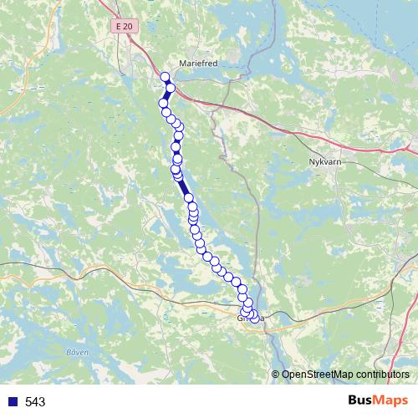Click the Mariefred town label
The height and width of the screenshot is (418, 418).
point(198,63)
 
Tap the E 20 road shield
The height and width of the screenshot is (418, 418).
point(125,27)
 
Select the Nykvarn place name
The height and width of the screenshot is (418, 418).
point(326,163)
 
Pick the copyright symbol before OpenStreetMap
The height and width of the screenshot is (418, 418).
point(276,375)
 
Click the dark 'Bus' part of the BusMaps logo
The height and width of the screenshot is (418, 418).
point(362,401)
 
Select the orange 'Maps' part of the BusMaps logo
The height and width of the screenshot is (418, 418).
point(394,401)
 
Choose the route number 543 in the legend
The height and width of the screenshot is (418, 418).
point(35,402)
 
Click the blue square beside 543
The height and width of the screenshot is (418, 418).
point(12,402)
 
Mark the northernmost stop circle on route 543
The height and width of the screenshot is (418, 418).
point(166,77)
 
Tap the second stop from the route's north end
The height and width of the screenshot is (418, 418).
point(171,87)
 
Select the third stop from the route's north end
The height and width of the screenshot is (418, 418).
point(164,103)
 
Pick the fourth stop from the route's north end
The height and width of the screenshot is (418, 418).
point(166,112)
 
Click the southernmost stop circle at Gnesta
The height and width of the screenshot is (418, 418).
point(254,317)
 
